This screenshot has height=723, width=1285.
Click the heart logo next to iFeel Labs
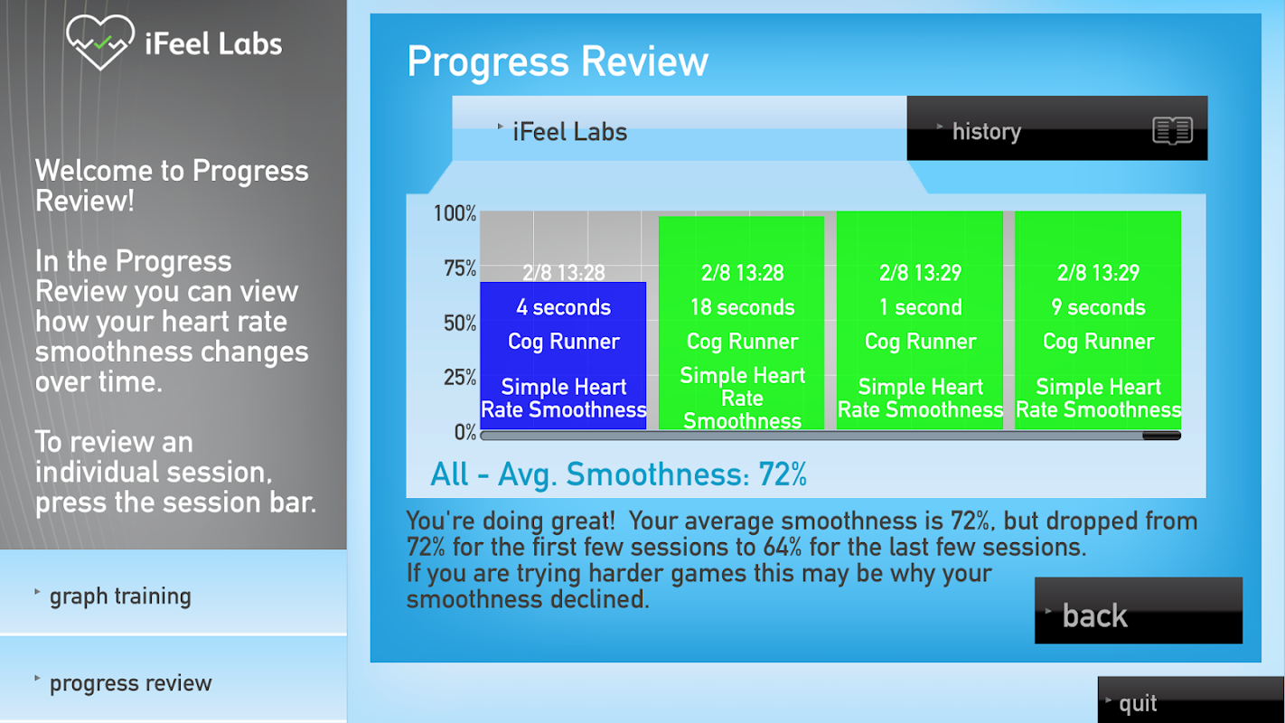tap(100, 42)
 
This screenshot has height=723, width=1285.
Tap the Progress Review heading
tap(558, 61)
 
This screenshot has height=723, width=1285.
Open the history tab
tap(1056, 128)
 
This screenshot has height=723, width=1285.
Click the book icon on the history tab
tap(1173, 130)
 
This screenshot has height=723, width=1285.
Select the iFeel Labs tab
tap(680, 128)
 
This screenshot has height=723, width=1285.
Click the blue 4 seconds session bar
tap(563, 355)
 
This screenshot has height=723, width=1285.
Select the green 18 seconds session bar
tap(741, 323)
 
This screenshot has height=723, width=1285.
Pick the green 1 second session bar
tap(920, 320)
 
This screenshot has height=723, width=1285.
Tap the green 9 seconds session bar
tap(1098, 320)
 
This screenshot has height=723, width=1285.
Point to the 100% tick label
tap(455, 213)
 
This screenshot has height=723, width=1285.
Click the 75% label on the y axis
tap(460, 268)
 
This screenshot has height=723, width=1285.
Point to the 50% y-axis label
tap(460, 323)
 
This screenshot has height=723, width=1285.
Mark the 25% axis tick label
tap(460, 377)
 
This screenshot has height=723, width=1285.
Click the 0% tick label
tap(465, 431)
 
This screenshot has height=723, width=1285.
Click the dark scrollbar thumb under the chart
tap(1161, 437)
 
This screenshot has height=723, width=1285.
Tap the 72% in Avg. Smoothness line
tap(783, 474)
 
